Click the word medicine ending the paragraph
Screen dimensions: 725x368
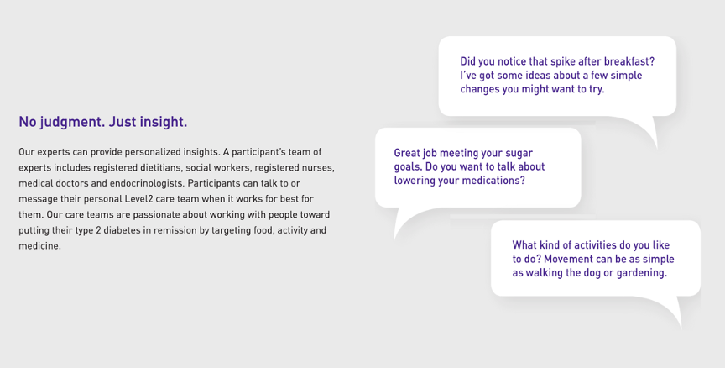click(39, 246)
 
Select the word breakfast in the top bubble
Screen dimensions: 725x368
click(629, 61)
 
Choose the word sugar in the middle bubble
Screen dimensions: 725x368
click(519, 154)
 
